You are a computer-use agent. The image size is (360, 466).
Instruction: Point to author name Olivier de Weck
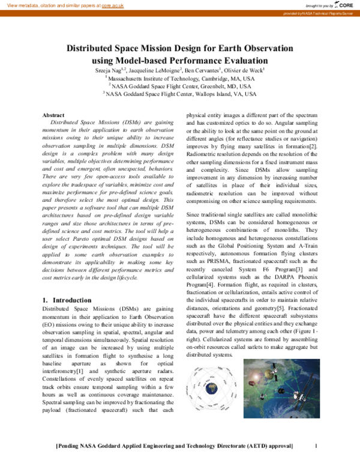point(248,70)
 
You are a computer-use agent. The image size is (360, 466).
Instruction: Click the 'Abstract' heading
point(54,115)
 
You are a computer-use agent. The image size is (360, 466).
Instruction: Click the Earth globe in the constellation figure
point(218,395)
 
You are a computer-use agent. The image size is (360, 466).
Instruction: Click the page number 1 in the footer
point(315,446)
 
